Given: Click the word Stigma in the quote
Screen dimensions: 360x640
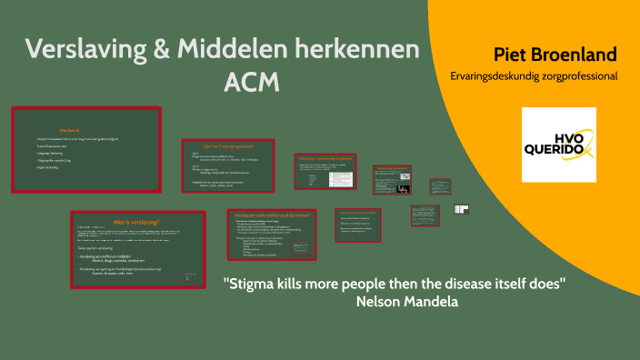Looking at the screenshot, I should coord(252,283).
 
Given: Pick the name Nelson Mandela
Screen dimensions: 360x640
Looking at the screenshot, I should coord(409,300).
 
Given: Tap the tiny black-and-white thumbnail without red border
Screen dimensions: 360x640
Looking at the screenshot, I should coord(461,208).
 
